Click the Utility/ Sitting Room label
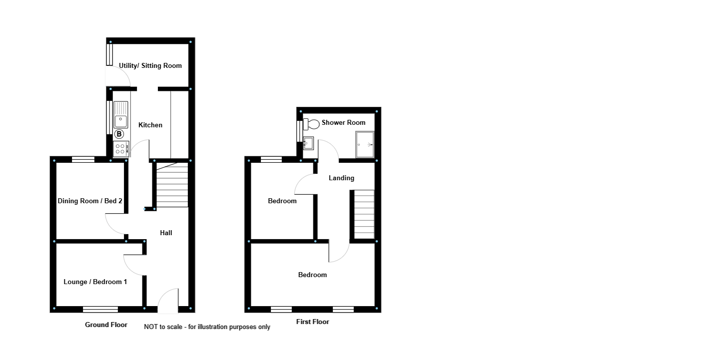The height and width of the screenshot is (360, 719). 150,66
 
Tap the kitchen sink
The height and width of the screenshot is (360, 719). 120,115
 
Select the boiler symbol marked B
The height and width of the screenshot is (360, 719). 119,134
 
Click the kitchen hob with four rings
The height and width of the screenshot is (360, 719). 120,148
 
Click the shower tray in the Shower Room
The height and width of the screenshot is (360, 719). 365,144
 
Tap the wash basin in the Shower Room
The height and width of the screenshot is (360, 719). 308,144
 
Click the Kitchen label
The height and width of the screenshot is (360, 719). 150,125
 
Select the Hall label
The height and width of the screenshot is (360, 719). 166,233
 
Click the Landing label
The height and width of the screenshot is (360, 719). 341,178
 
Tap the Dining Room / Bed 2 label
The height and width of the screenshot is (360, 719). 90,201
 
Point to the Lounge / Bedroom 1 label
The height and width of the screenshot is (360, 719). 95,282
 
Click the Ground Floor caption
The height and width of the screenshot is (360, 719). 106,325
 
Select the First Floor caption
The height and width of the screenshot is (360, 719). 312,322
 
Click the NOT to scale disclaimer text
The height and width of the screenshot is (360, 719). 207,327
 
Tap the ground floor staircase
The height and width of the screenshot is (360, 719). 172,185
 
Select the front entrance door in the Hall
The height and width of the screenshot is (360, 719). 168,302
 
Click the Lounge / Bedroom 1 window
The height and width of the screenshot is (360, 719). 100,309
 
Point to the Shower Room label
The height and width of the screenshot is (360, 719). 343,123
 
